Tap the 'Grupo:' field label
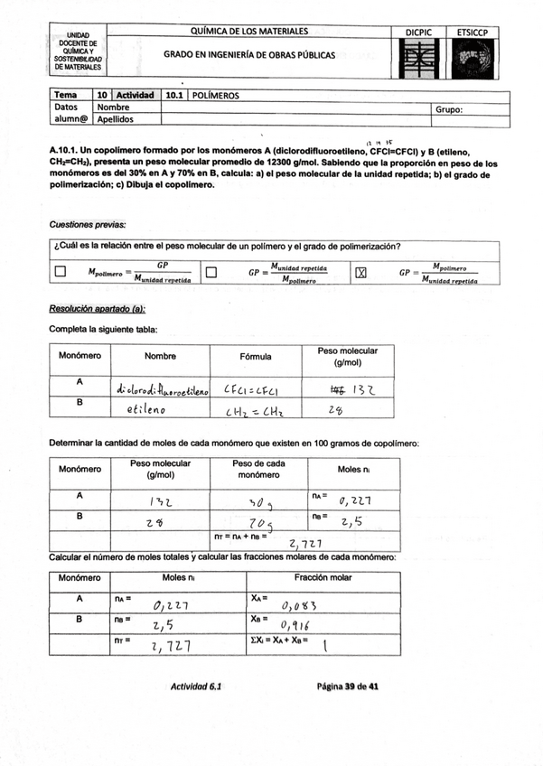[449, 109]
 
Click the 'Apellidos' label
[116, 118]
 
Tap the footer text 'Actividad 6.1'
[196, 687]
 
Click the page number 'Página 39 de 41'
[347, 687]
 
